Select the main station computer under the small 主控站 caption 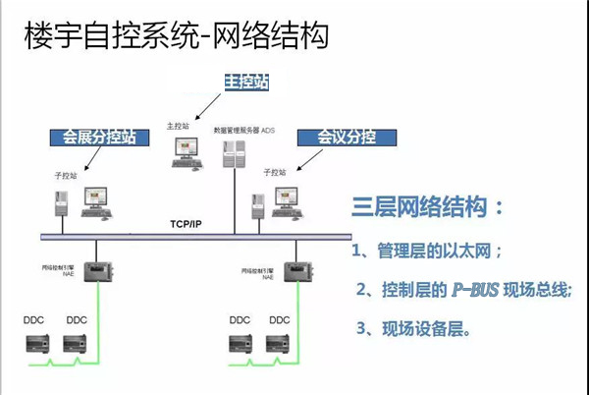[x=184, y=154]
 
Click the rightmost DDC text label [x=280, y=320]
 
